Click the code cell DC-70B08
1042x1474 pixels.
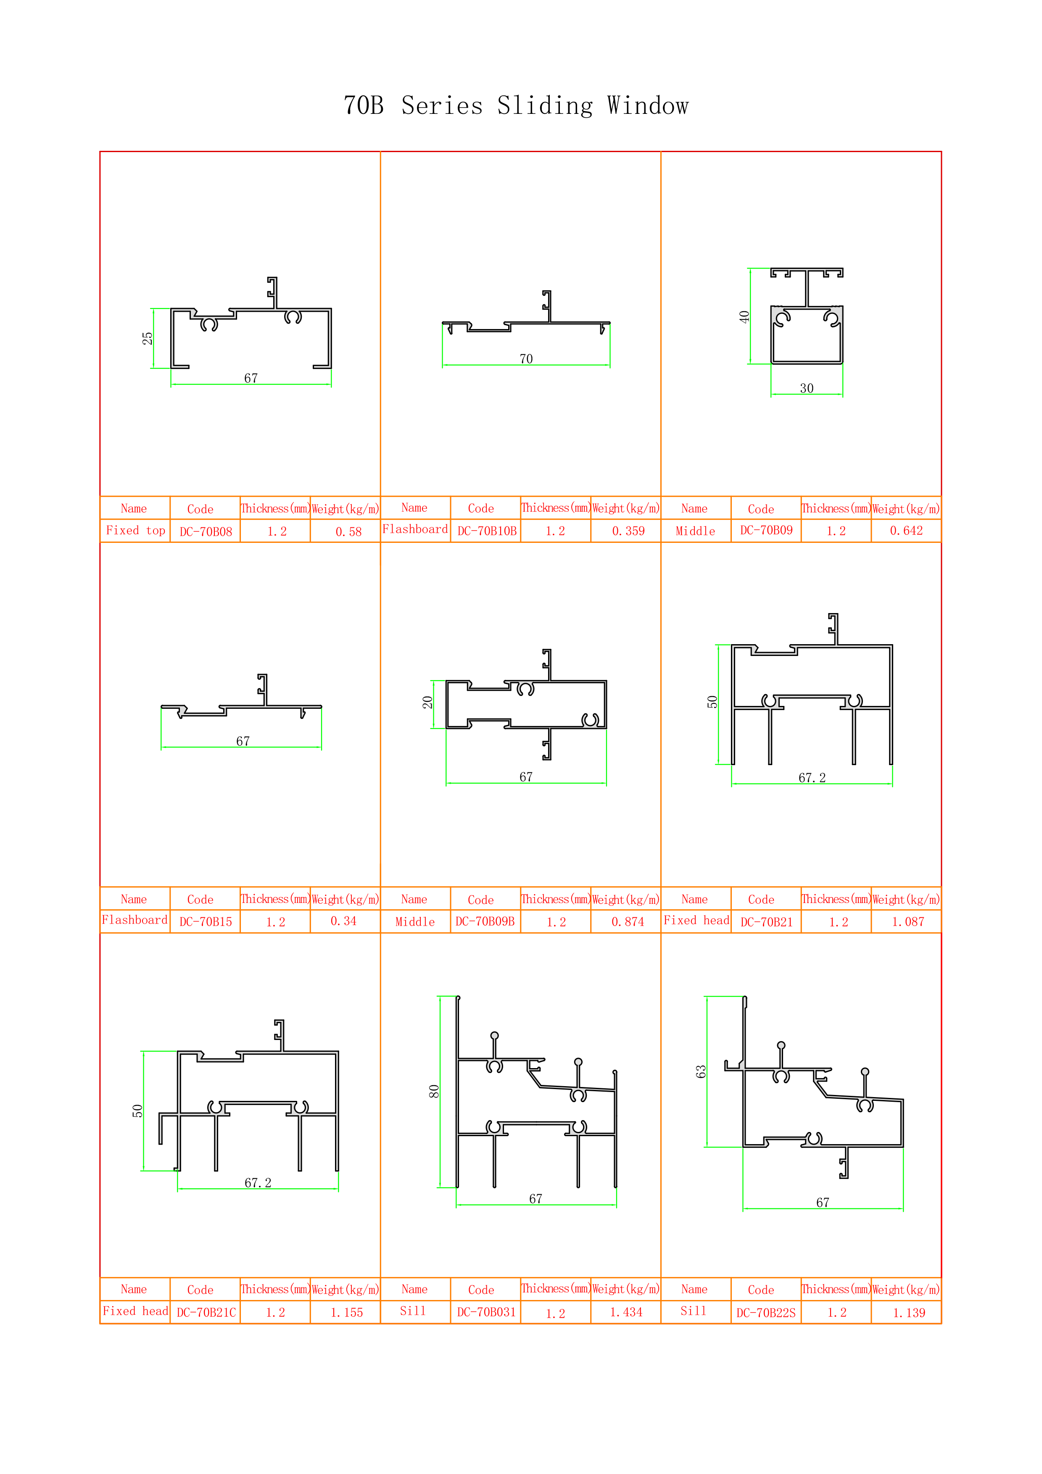pos(206,532)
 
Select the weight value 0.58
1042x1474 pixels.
pos(348,532)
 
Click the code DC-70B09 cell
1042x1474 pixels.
pos(766,530)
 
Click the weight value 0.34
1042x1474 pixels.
pos(343,921)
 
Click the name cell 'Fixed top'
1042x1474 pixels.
pos(135,530)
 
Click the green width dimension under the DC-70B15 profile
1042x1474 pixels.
pos(241,747)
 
